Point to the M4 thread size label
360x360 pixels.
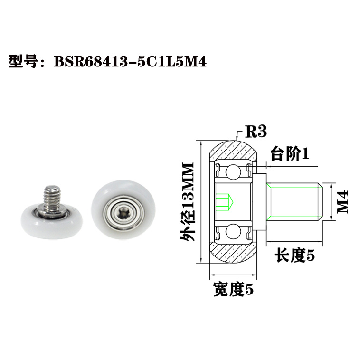click(341, 201)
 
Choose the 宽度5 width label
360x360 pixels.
click(234, 288)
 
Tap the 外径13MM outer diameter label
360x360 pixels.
click(187, 201)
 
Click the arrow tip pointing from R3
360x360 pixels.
click(238, 139)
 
